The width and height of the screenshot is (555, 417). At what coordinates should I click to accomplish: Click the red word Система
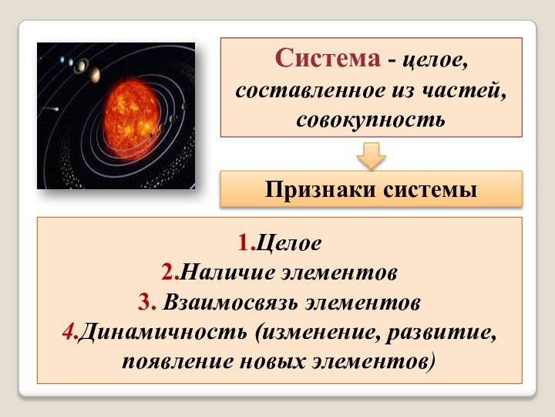click(x=328, y=58)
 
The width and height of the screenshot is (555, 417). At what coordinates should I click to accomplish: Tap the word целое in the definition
click(x=436, y=59)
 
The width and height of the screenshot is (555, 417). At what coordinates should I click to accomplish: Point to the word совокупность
click(x=371, y=121)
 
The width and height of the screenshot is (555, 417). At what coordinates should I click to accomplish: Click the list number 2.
click(x=169, y=273)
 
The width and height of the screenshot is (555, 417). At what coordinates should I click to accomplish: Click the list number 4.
click(x=68, y=332)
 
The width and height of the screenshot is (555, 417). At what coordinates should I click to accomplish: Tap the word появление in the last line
click(x=173, y=361)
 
